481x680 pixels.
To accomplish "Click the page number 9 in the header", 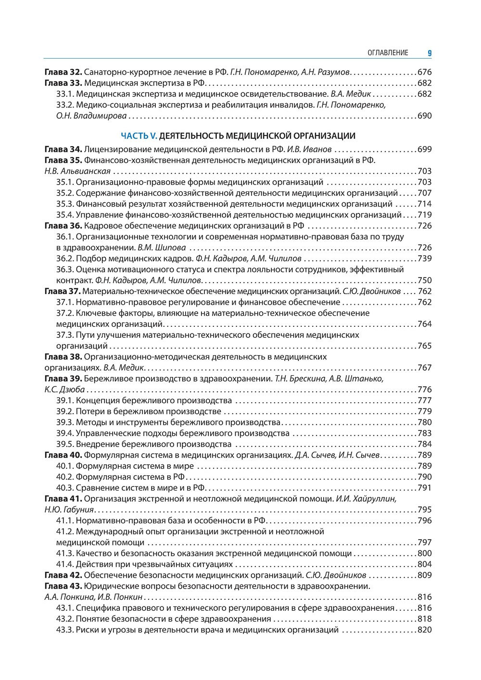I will click(429, 53).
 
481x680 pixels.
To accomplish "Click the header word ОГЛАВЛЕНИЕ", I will click(388, 53).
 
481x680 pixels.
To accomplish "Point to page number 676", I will click(424, 72).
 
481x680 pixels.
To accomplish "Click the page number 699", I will click(424, 149).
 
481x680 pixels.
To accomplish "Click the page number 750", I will click(424, 280).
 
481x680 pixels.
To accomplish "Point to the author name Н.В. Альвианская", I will click(77, 171).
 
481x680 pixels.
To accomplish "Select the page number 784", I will click(424, 444).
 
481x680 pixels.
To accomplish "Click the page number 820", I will click(424, 630).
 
